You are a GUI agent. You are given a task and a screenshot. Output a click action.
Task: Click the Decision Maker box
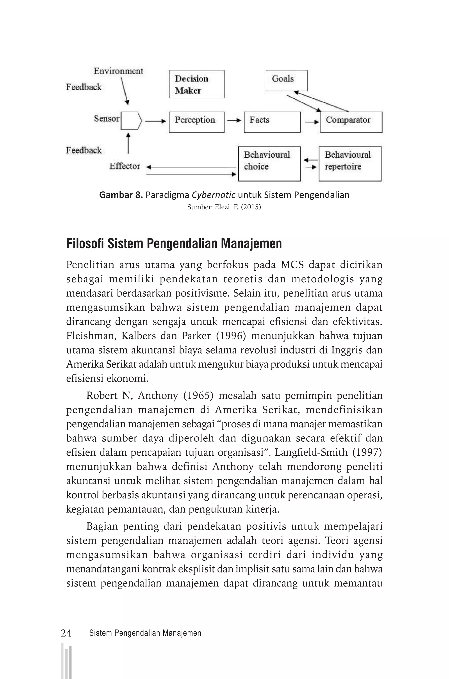pos(196,84)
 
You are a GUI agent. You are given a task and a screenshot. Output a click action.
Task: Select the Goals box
pos(286,80)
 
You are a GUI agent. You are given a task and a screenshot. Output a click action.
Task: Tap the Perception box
pos(196,122)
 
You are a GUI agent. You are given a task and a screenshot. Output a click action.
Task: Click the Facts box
pos(272,122)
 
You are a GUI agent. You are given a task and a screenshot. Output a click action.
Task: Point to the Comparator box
pos(351,122)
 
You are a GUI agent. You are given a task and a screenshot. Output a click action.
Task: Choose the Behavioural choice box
pos(269,164)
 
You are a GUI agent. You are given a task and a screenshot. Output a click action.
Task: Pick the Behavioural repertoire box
pos(350,164)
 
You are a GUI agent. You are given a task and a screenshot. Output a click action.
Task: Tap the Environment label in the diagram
pos(118,71)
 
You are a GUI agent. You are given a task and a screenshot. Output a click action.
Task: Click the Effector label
pos(125,166)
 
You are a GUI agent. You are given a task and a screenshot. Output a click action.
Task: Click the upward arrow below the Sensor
pos(128,143)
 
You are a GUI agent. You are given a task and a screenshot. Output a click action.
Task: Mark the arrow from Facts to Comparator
pos(312,122)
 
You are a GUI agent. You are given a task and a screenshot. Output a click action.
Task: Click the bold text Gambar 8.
pos(121,195)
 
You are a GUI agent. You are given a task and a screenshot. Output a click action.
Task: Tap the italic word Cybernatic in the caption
pos(213,195)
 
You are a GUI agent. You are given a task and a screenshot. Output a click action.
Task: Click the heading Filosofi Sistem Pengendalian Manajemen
pos(174,244)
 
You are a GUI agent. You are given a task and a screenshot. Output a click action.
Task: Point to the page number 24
pos(66,633)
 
